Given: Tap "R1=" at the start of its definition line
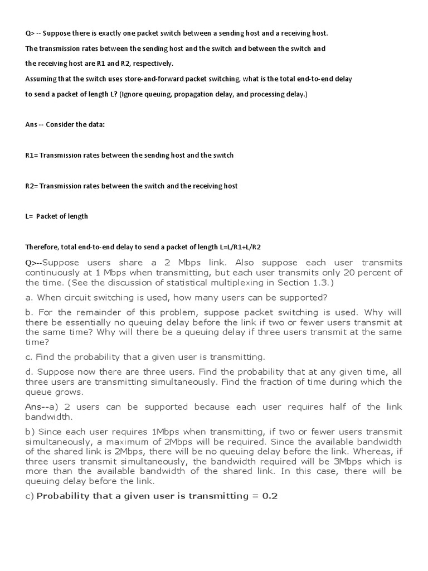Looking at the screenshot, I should click(32, 155).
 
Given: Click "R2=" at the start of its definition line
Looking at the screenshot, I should click(32, 186).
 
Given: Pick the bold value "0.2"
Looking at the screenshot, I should click(270, 496).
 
